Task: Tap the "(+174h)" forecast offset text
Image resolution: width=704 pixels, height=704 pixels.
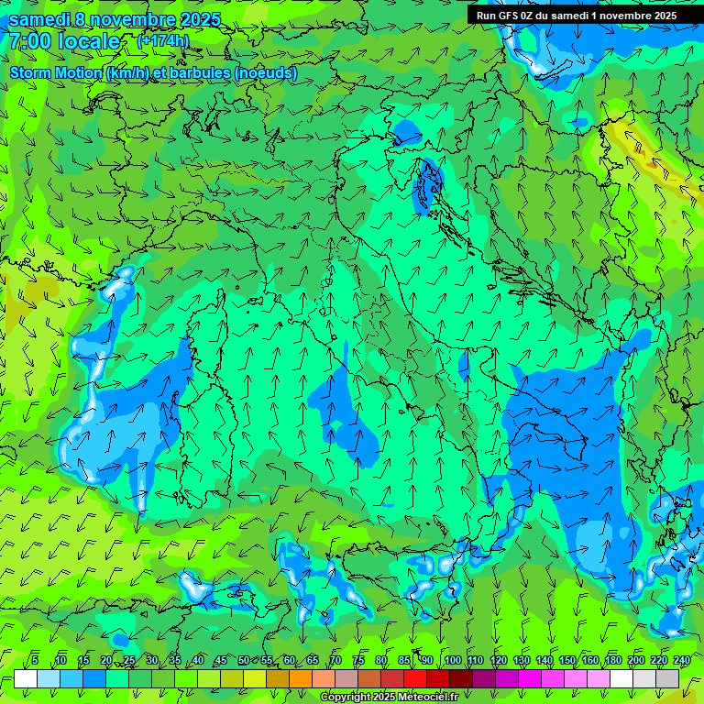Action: (162, 40)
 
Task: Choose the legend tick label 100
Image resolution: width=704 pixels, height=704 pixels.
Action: (452, 660)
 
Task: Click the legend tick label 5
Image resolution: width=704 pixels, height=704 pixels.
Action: (35, 660)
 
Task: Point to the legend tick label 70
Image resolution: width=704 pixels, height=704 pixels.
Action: (335, 660)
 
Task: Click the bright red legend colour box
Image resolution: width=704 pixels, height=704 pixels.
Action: (415, 678)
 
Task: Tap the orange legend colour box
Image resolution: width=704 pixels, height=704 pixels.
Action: (301, 678)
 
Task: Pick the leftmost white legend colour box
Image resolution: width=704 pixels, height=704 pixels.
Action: (26, 678)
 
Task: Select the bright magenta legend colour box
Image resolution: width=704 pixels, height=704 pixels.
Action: (530, 678)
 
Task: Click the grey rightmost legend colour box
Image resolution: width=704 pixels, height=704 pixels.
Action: (667, 678)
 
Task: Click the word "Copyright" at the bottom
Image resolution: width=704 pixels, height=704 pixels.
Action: (346, 698)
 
